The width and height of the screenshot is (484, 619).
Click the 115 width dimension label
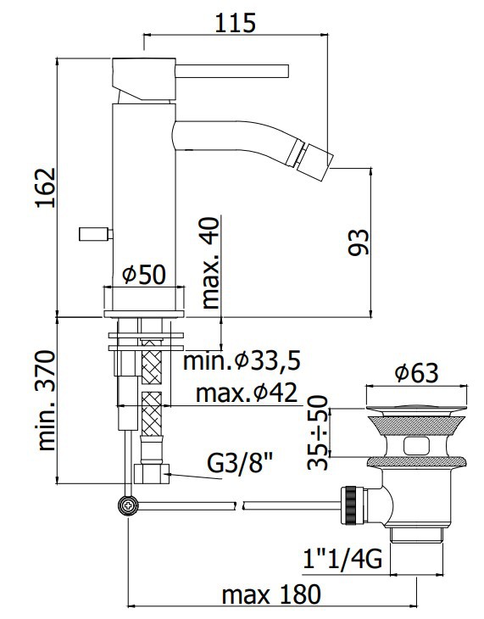[x=236, y=23]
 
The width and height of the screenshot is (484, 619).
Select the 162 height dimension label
[x=46, y=187]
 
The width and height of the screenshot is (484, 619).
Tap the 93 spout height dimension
[x=359, y=242]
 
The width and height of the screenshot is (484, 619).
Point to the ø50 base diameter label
[x=144, y=275]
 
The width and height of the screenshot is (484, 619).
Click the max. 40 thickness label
[x=210, y=263]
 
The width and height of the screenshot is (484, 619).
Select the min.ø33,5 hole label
[x=242, y=360]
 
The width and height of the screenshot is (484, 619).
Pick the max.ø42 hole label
[x=246, y=393]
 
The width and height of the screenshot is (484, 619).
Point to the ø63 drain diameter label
[x=416, y=372]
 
